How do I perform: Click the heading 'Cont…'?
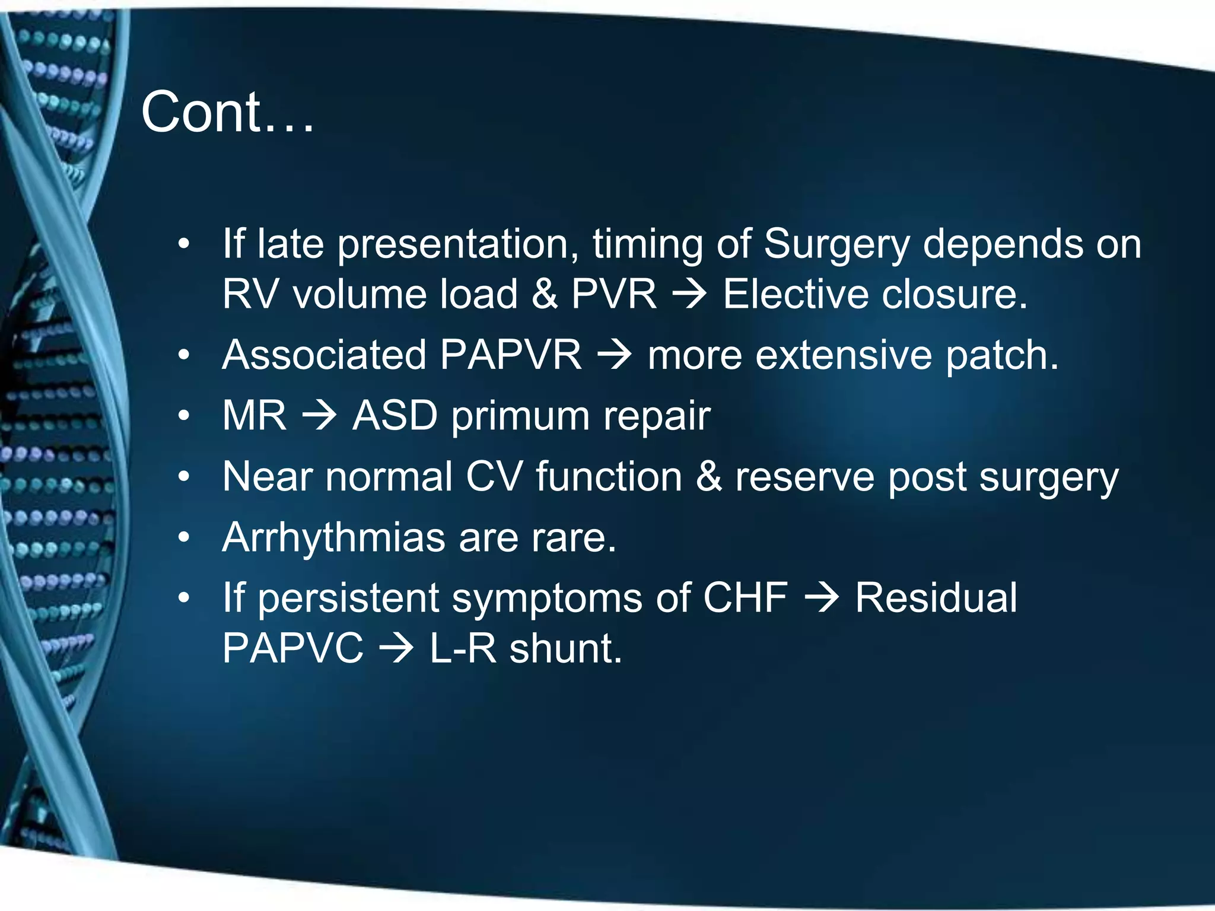click(x=227, y=113)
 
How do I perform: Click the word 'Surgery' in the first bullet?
click(x=836, y=245)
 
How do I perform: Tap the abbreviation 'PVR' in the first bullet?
click(x=614, y=295)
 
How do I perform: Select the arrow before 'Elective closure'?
click(x=689, y=295)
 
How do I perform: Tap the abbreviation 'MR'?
click(x=254, y=416)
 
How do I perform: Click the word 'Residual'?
click(x=936, y=598)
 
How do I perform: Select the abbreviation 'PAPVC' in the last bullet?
click(x=292, y=648)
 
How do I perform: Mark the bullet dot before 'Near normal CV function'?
click(x=185, y=477)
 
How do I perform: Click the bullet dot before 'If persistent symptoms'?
click(x=185, y=598)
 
